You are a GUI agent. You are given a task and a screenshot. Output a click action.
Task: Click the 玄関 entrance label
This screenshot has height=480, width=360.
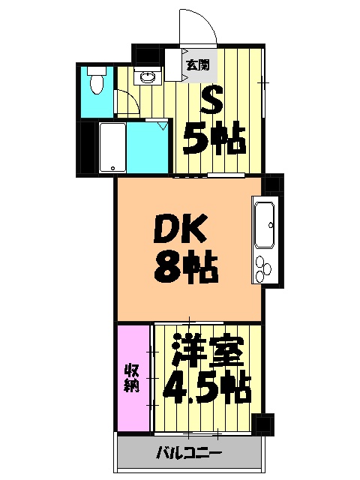199,64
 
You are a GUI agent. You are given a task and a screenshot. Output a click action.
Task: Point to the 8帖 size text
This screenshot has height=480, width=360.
186,266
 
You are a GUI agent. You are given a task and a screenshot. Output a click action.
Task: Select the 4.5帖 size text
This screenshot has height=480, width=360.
205,389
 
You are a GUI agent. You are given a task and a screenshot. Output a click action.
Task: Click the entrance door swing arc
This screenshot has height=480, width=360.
198,26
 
